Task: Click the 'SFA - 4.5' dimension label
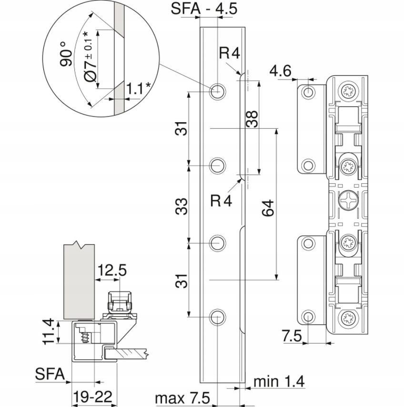pyautogui.click(x=204, y=8)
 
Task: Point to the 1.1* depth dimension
pyautogui.click(x=138, y=89)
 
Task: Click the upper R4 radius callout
pyautogui.click(x=230, y=53)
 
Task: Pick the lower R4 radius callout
pyautogui.click(x=221, y=200)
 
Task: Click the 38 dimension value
pyautogui.click(x=252, y=119)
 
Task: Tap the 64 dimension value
pyautogui.click(x=268, y=208)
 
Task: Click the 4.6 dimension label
pyautogui.click(x=281, y=71)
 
